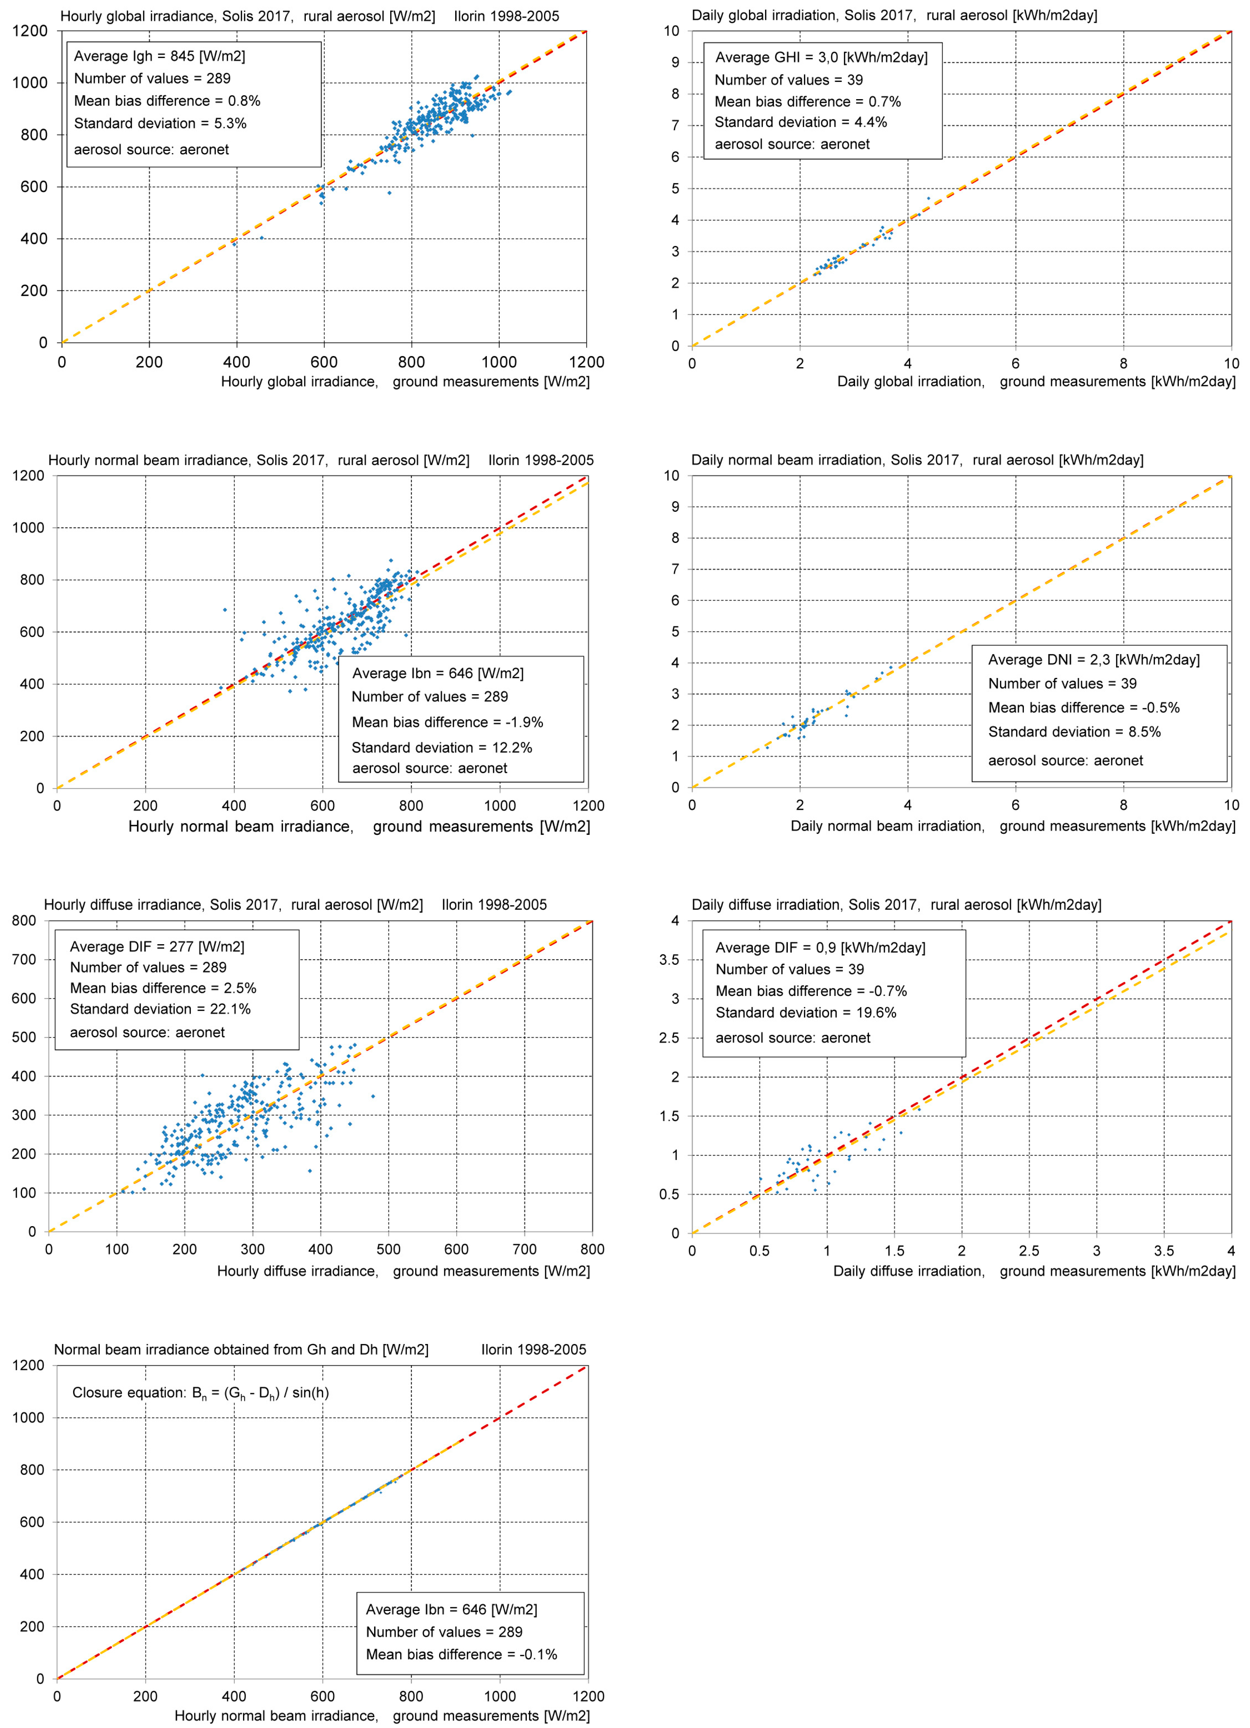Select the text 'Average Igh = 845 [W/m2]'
tap(159, 57)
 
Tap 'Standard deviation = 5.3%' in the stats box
tap(160, 123)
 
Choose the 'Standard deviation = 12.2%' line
tap(442, 747)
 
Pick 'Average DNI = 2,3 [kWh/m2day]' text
tap(1093, 660)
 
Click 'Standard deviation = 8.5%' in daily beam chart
tap(1074, 731)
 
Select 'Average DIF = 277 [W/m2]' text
tap(157, 946)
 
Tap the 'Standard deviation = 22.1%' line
tap(160, 1009)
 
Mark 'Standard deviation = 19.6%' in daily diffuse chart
tap(805, 1012)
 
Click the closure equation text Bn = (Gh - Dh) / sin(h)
tap(200, 1393)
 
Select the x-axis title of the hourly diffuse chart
tap(403, 1271)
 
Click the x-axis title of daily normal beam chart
tap(1012, 826)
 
